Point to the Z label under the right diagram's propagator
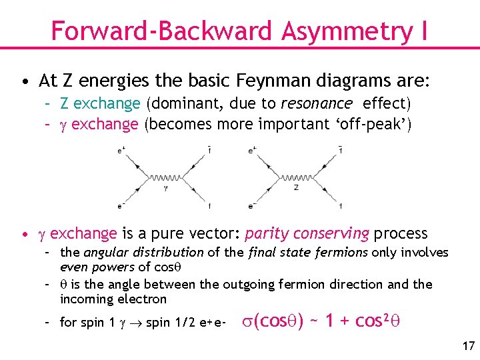coord(295,189)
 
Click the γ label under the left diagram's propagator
coord(163,189)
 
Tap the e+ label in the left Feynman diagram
coord(121,151)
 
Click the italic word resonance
coord(317,103)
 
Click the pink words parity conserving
coord(307,233)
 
